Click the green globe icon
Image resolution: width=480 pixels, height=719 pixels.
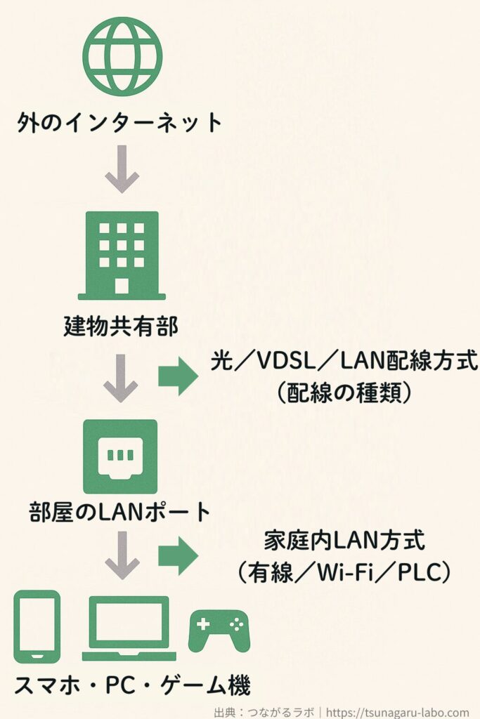pos(122,55)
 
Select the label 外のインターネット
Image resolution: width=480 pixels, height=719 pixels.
pos(119,124)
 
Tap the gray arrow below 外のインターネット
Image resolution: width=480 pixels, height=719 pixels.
pos(122,169)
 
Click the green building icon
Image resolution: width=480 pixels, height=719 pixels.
pos(122,256)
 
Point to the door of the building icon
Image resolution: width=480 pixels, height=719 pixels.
pos(122,285)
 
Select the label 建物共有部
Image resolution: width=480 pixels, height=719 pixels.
pos(121,326)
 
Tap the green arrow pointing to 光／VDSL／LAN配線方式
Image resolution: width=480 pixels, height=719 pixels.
pos(178,378)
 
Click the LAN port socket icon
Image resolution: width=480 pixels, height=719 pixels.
pos(120,457)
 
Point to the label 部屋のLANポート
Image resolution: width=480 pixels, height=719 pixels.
pos(121,512)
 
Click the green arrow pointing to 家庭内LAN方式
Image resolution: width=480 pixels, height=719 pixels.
pos(178,556)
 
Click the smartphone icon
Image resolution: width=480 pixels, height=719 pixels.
pos(37,626)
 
